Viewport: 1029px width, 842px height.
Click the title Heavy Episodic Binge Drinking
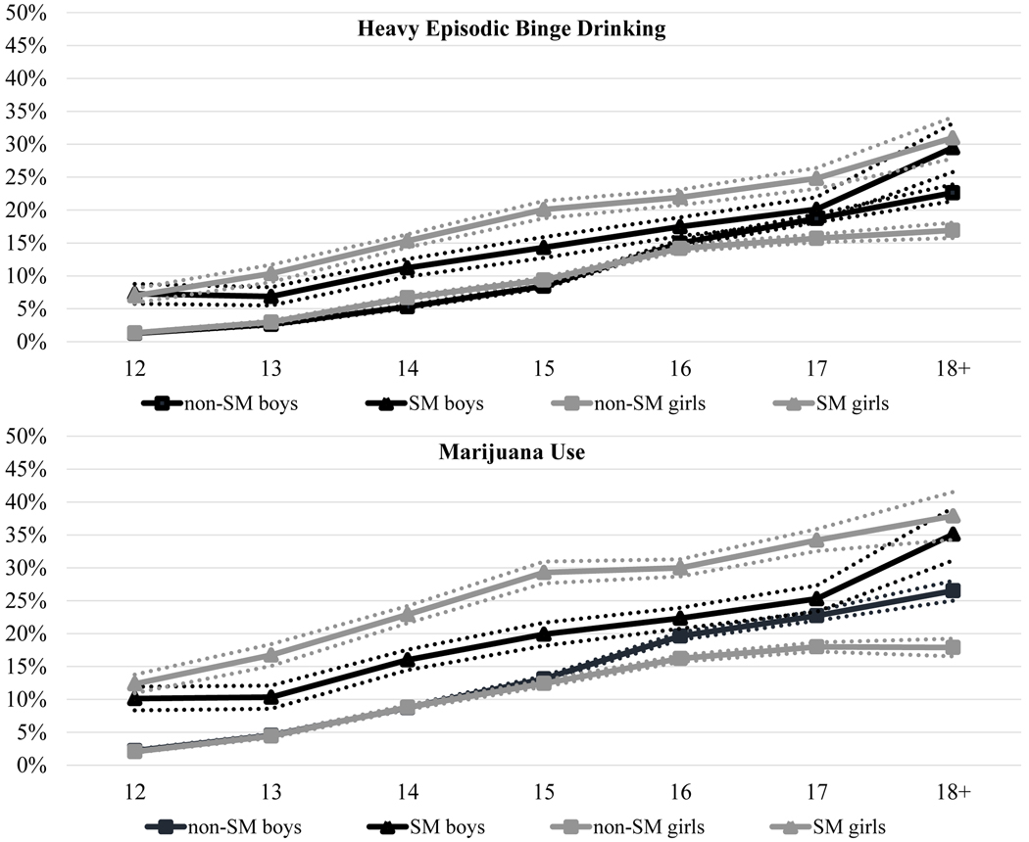coord(511,29)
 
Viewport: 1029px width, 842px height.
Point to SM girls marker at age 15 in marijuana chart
coord(544,572)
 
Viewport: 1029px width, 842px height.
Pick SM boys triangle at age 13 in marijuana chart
coord(271,697)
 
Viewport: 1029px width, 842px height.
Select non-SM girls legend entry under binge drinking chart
coord(627,401)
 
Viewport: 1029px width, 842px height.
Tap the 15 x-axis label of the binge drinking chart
coord(544,369)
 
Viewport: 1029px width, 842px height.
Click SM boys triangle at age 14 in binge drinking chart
coord(408,266)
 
